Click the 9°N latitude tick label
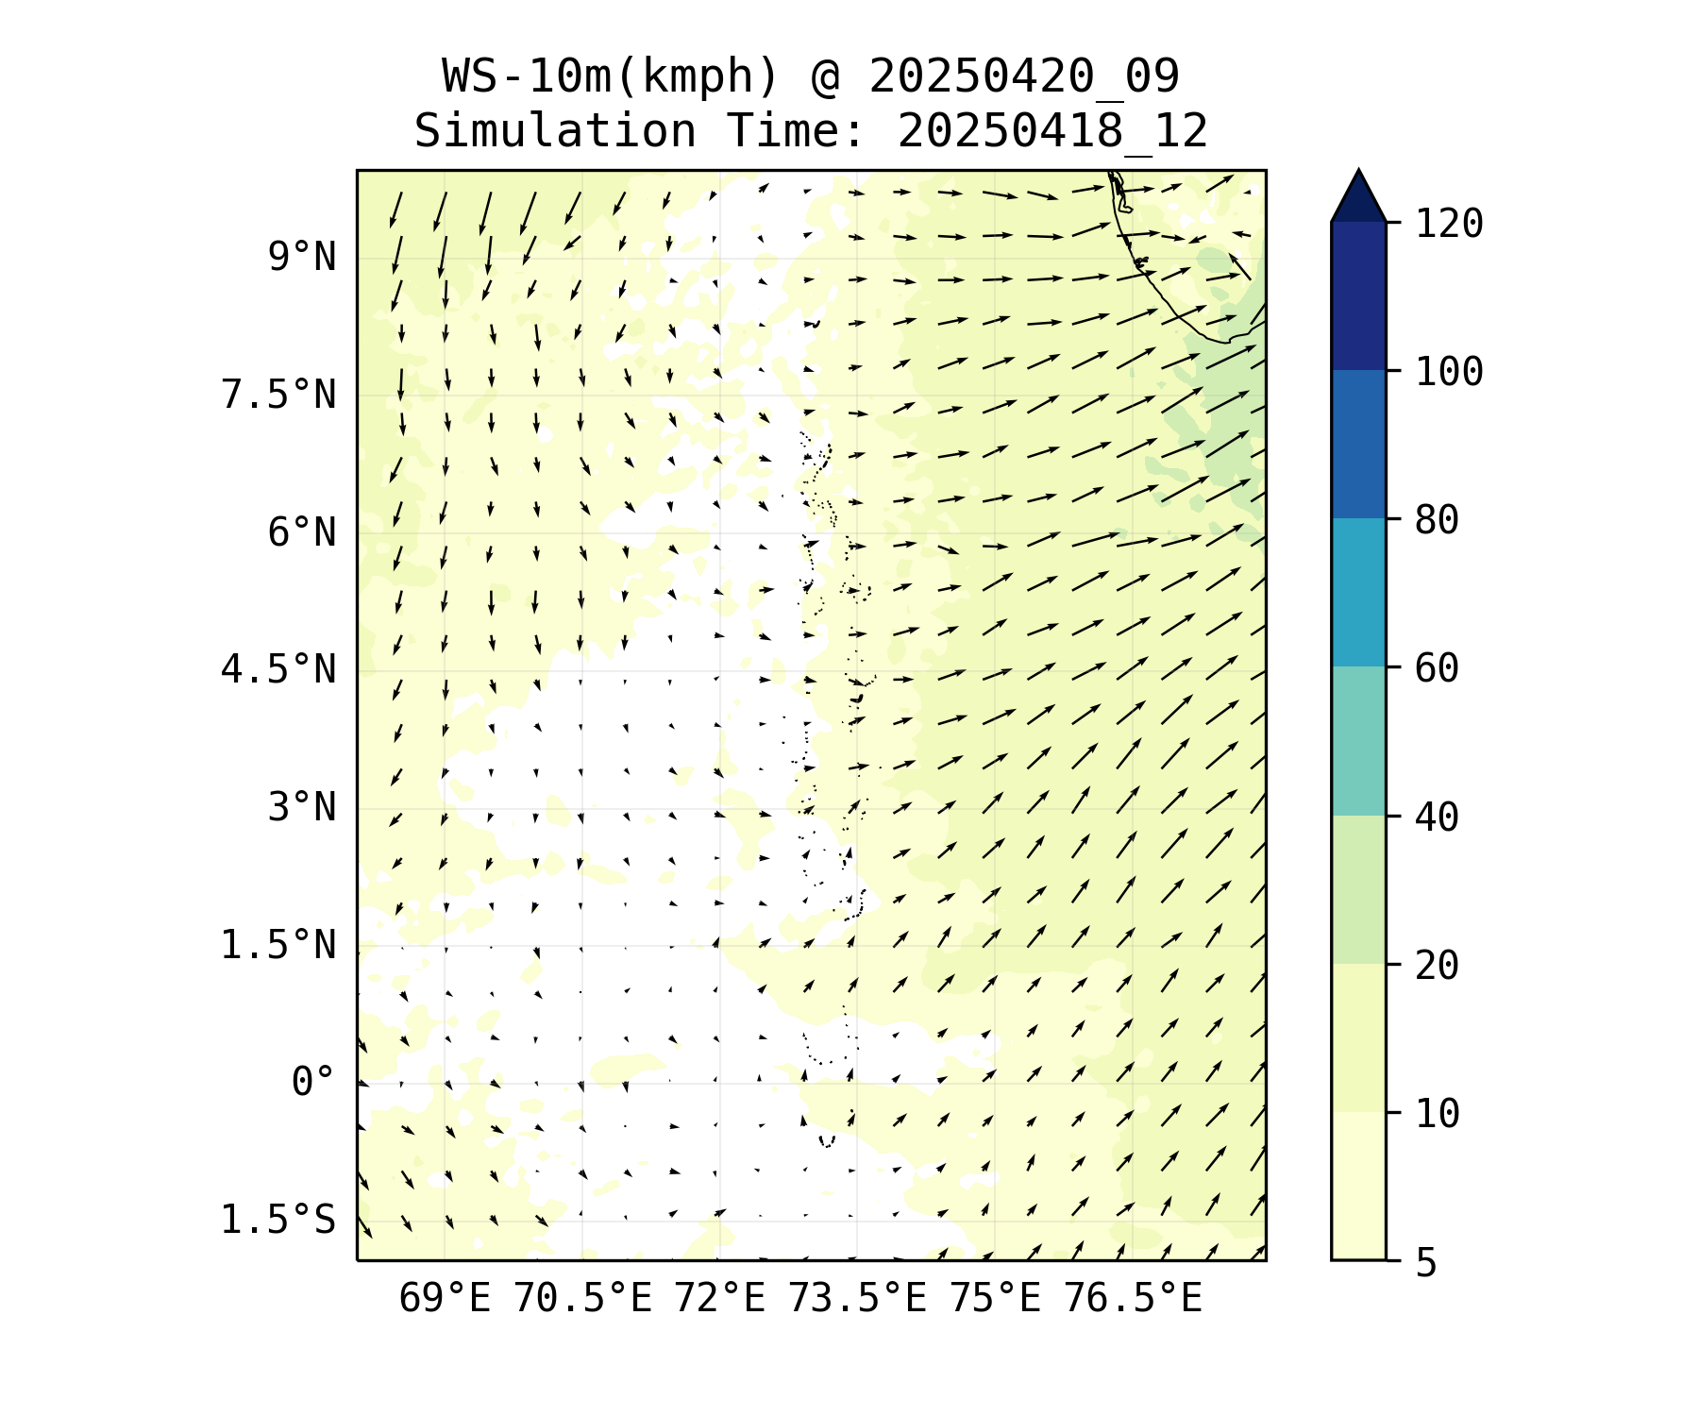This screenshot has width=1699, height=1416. click(302, 257)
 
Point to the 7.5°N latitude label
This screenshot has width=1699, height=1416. click(278, 395)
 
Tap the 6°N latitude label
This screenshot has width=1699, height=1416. click(302, 532)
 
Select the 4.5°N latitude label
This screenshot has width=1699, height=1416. click(278, 669)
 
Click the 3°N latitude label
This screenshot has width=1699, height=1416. click(302, 807)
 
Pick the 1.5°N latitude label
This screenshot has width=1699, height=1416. click(278, 945)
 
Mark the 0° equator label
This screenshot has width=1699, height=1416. click(313, 1082)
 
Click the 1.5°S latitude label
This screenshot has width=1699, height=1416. click(278, 1220)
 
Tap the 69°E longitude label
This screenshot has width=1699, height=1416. click(445, 1299)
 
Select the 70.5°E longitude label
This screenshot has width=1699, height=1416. click(582, 1299)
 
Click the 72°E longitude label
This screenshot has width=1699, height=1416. click(719, 1299)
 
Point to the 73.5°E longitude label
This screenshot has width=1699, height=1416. click(857, 1299)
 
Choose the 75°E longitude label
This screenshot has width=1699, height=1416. click(995, 1299)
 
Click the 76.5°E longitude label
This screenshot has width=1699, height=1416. click(1133, 1299)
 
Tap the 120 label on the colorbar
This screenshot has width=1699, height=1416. click(1449, 224)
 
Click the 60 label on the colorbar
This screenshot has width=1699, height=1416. click(1437, 668)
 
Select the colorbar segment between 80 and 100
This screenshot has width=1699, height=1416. click(1358, 444)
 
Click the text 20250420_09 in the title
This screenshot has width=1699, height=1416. click(1024, 76)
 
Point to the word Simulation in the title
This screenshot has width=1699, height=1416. click(555, 131)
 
